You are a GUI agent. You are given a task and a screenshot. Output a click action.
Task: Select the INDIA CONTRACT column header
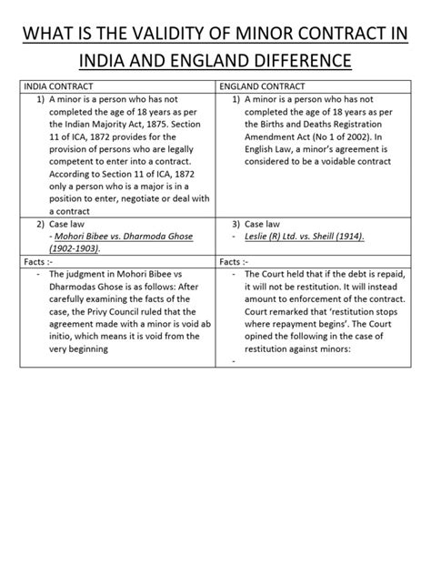tap(57, 86)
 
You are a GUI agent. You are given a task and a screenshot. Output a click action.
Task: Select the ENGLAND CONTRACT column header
tap(265, 86)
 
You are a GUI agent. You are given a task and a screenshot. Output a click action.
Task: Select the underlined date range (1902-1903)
tap(75, 248)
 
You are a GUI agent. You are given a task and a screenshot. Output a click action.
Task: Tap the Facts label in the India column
tap(37, 261)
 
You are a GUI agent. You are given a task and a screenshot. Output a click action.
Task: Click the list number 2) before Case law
tap(41, 223)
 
